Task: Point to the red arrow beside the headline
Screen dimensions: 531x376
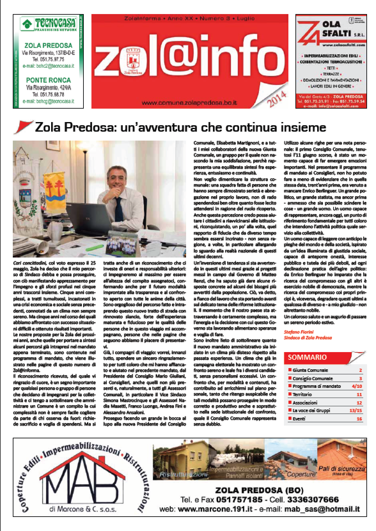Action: pyautogui.click(x=25, y=127)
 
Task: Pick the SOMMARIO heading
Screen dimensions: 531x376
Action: pyautogui.click(x=303, y=357)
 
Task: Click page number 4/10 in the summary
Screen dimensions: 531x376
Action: pyautogui.click(x=356, y=386)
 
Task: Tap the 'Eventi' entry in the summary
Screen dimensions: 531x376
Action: pyautogui.click(x=299, y=419)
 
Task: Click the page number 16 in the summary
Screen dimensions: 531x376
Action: pyautogui.click(x=359, y=419)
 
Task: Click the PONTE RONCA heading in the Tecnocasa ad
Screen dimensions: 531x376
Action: pyautogui.click(x=49, y=80)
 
